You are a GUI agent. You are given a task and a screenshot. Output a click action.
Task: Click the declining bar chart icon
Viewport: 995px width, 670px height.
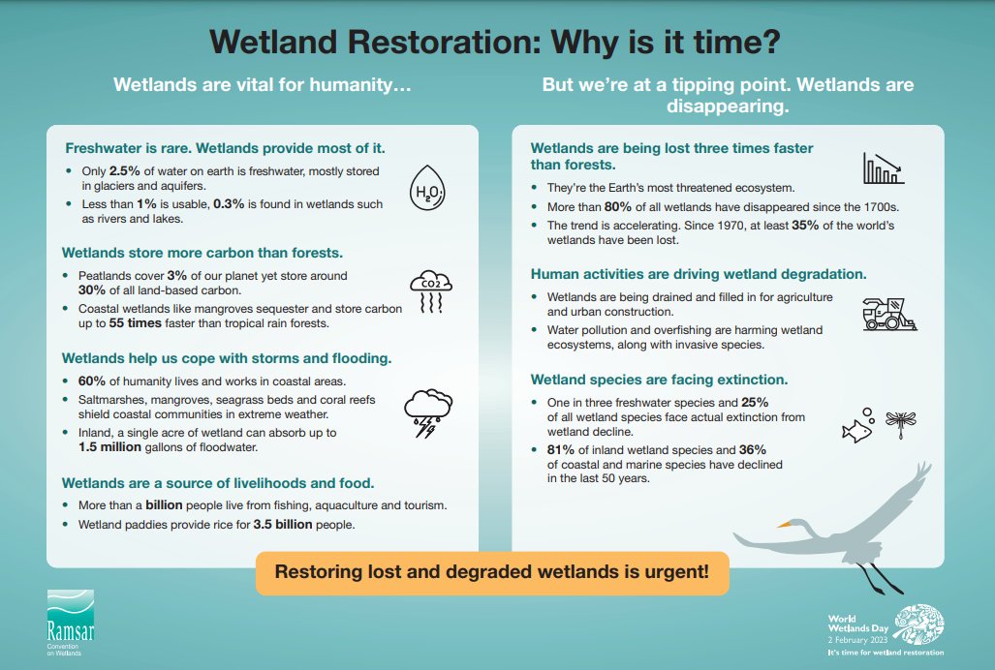882,168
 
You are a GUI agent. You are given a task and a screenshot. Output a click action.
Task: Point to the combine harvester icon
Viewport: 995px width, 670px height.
889,313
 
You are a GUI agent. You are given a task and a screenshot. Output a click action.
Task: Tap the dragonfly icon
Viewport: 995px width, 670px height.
901,421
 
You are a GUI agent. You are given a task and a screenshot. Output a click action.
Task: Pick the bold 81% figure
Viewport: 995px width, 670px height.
563,449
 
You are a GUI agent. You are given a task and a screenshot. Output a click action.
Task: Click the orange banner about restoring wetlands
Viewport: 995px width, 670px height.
491,572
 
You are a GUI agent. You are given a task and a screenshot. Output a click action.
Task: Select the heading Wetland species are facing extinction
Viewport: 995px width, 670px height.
659,379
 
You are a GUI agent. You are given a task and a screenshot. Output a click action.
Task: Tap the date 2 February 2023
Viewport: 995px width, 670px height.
857,642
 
